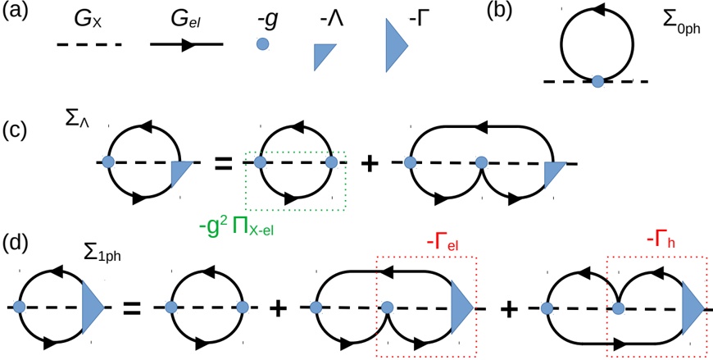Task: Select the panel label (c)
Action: tap(18, 132)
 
